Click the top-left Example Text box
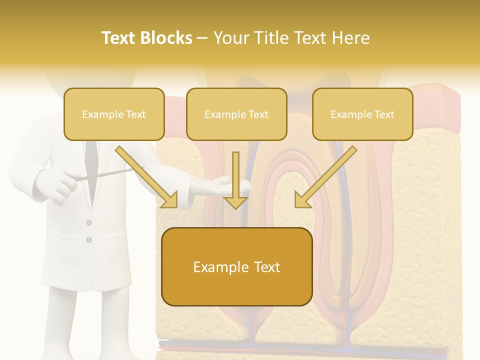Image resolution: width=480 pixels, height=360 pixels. (114, 114)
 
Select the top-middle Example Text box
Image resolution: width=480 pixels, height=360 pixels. (236, 114)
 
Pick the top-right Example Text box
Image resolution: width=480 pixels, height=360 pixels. (362, 114)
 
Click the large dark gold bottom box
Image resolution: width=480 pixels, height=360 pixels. (237, 267)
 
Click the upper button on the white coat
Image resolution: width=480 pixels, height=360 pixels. (89, 222)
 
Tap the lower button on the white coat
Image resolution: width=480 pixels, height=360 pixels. (89, 240)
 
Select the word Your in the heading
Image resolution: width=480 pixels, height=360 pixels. (230, 38)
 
